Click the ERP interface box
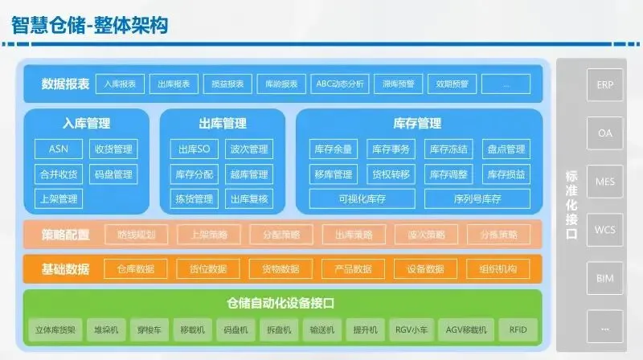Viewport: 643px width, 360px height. [604, 84]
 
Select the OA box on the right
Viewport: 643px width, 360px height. [604, 133]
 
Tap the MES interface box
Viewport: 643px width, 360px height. [604, 182]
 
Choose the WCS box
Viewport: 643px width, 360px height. [604, 230]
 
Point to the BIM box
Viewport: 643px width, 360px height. [604, 278]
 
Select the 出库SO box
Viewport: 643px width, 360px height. [194, 149]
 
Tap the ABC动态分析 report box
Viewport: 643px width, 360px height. [340, 84]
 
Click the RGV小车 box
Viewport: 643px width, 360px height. [411, 329]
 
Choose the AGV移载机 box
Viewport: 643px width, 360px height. [466, 329]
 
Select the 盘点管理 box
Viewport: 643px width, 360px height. [506, 149]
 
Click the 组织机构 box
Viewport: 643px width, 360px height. [498, 269]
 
